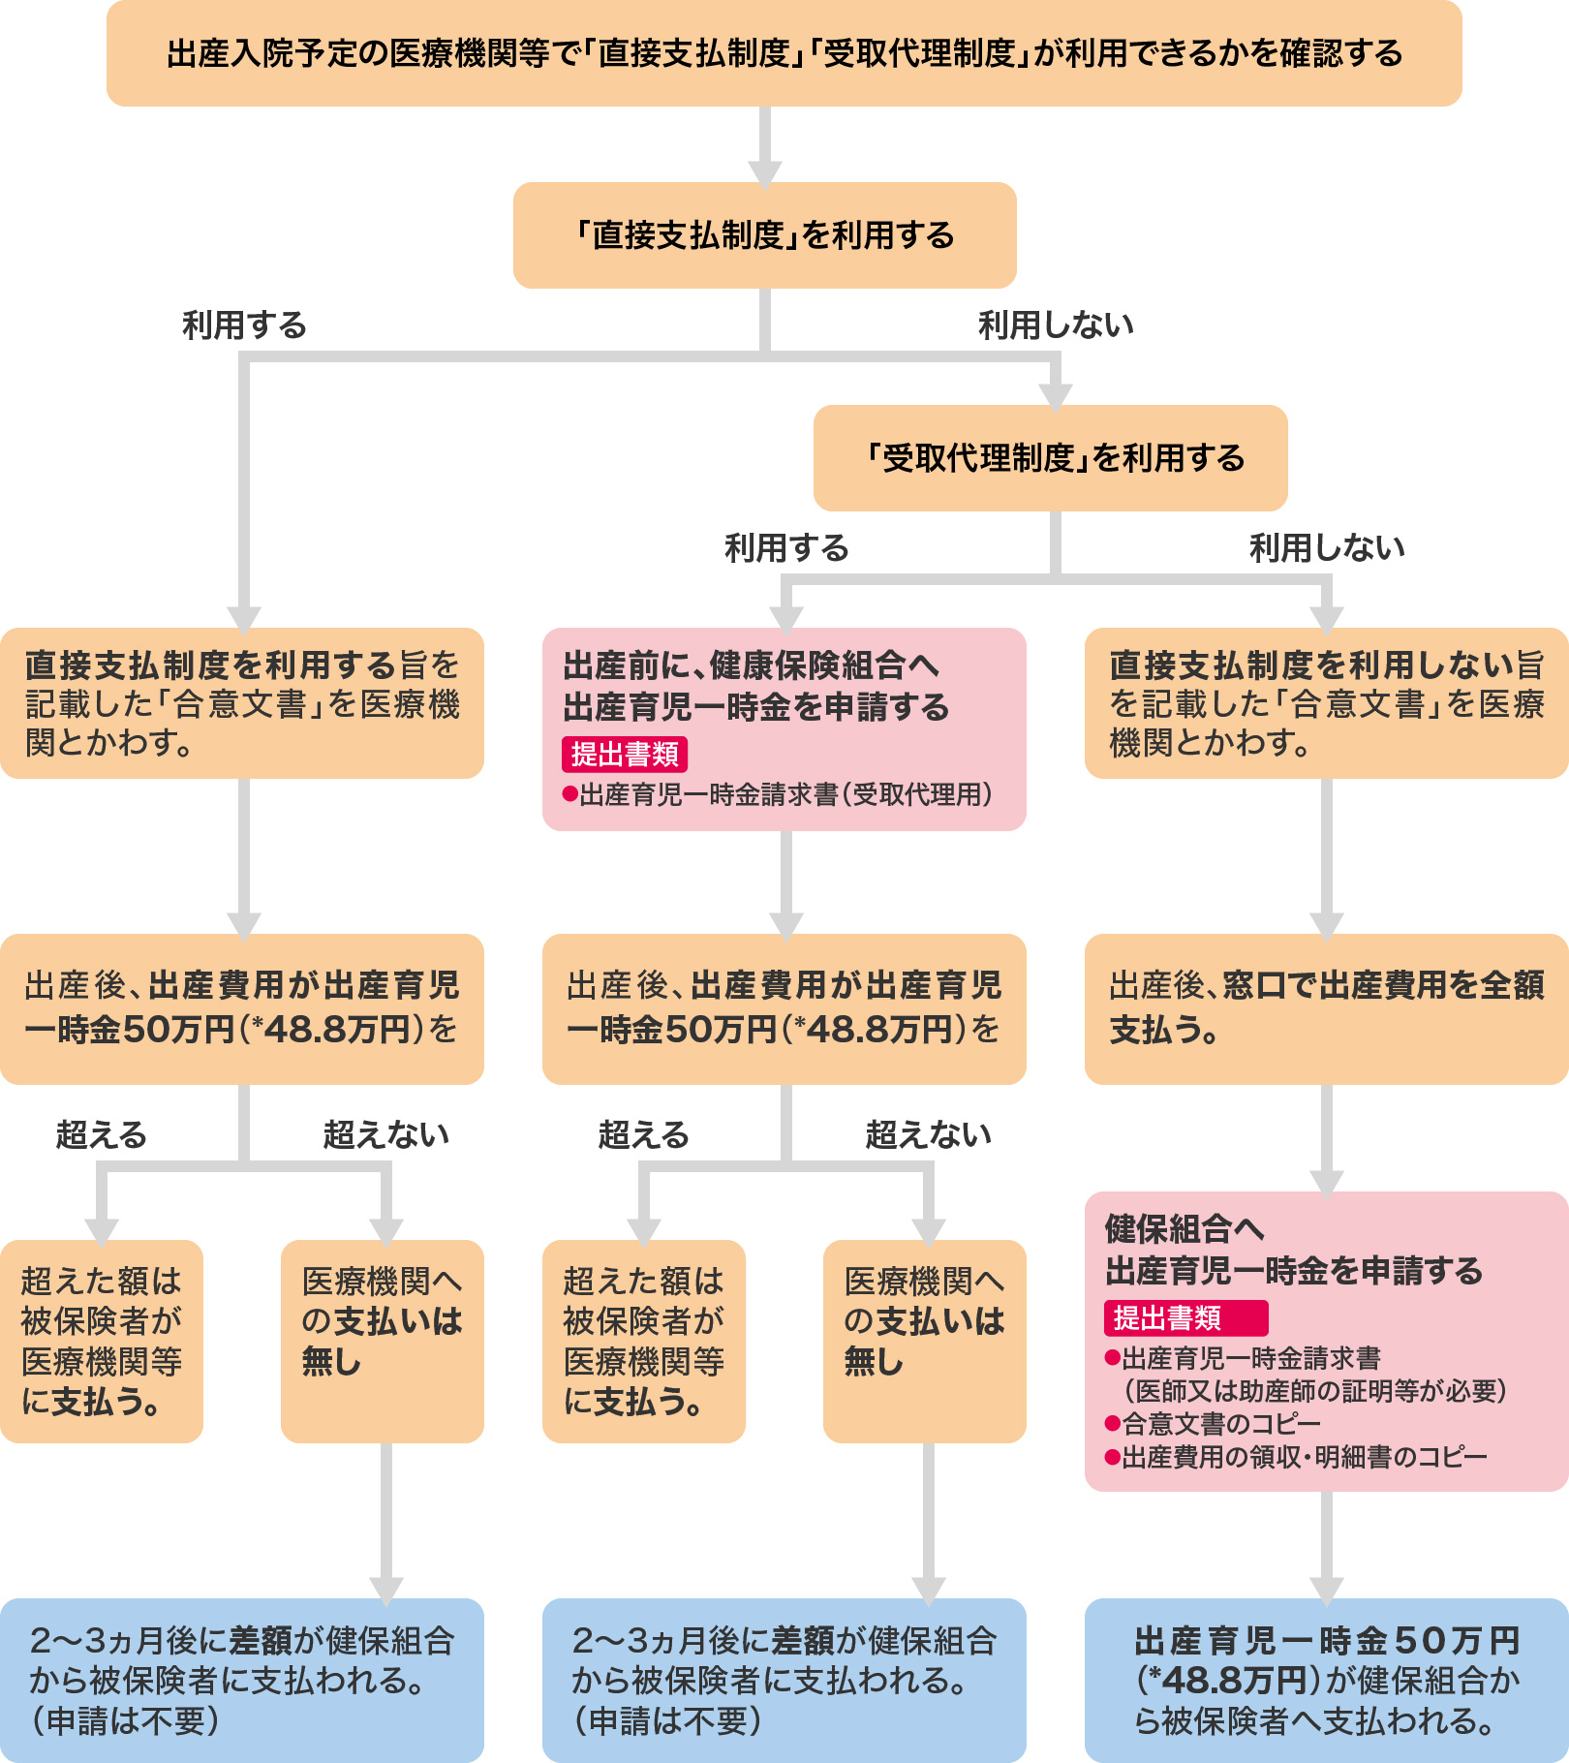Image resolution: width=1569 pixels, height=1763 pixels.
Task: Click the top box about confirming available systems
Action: tap(784, 53)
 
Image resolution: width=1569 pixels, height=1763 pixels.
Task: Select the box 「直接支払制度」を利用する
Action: tap(764, 235)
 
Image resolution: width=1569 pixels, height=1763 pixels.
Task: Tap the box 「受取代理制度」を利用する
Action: tap(1050, 458)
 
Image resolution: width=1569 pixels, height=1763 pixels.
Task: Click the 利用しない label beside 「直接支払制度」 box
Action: tap(1056, 325)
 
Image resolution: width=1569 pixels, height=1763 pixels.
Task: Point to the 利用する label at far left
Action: tap(244, 325)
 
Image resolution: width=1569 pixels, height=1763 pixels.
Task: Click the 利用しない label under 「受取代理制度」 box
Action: tap(1326, 548)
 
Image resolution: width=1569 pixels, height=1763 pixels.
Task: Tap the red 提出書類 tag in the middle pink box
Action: tap(625, 754)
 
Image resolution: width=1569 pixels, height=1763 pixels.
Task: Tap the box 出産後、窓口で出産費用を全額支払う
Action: tap(1326, 1008)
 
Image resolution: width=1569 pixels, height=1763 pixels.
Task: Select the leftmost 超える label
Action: tap(101, 1134)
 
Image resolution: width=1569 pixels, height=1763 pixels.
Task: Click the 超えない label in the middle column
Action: tap(928, 1134)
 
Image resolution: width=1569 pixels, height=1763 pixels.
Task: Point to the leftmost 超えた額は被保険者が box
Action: tap(101, 1342)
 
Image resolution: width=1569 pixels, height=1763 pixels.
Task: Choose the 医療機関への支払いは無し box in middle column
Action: tap(924, 1342)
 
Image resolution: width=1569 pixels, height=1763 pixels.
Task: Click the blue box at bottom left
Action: tap(241, 1680)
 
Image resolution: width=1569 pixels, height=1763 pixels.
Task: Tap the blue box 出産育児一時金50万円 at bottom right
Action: tap(1326, 1680)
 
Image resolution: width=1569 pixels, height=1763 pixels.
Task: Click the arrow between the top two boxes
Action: tap(764, 145)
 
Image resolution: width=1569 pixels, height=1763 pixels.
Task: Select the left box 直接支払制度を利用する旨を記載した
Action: tap(241, 703)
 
